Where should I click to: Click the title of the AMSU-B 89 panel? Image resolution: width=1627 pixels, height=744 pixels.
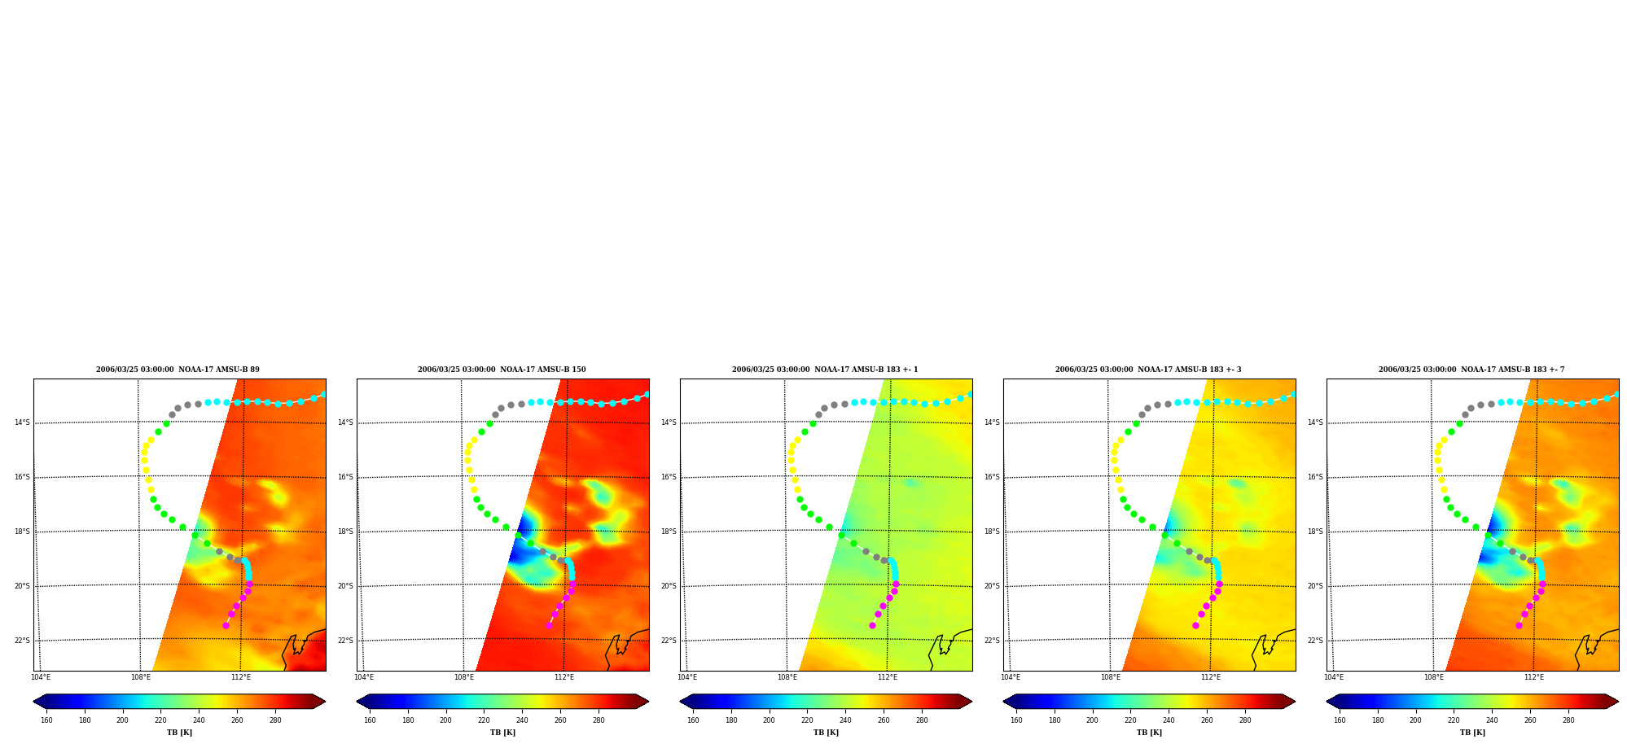click(x=178, y=370)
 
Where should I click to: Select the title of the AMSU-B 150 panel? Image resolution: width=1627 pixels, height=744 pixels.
click(x=502, y=370)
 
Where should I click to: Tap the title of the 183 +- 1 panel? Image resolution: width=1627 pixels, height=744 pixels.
click(x=825, y=370)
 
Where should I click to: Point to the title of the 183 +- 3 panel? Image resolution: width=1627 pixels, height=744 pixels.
click(x=1148, y=370)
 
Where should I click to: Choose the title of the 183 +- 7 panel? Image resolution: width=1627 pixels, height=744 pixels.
click(x=1471, y=370)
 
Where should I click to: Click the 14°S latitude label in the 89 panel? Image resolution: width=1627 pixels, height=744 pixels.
click(x=22, y=422)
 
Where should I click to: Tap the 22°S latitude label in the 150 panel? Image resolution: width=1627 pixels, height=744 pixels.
click(x=345, y=641)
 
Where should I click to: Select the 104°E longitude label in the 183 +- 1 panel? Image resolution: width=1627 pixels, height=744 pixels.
click(x=687, y=677)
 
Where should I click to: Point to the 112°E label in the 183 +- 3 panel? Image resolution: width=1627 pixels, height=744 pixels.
click(x=1211, y=677)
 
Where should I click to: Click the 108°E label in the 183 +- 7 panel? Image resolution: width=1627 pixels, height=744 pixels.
click(x=1434, y=677)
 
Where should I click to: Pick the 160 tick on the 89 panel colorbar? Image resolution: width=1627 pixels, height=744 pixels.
click(x=46, y=720)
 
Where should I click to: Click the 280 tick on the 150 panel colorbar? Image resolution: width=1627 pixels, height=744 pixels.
click(x=599, y=720)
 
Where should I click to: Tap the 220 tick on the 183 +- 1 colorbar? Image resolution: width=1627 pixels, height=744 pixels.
click(x=807, y=720)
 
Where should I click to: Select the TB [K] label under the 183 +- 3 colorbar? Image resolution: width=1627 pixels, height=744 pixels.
click(x=1149, y=733)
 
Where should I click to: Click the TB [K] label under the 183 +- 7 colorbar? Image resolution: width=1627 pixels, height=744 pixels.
click(x=1472, y=733)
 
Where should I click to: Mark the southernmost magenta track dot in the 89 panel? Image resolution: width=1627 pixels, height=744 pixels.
click(x=226, y=625)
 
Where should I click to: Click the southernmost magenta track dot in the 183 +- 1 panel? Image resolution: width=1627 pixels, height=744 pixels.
click(x=872, y=625)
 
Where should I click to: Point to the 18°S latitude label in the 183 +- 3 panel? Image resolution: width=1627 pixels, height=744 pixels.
click(x=992, y=532)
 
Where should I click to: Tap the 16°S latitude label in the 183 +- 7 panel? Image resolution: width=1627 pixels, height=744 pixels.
click(x=1315, y=477)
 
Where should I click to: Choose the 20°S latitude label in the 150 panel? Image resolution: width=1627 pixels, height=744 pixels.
click(x=345, y=586)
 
